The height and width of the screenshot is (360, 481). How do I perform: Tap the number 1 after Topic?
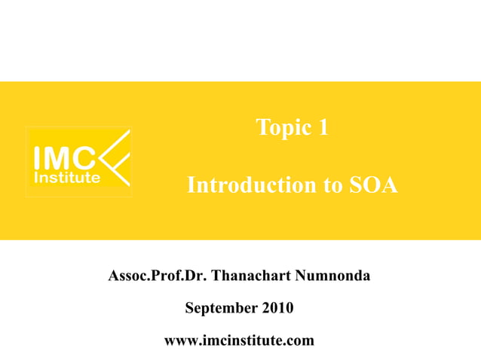[323, 128]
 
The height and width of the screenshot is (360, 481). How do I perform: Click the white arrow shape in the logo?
[116, 158]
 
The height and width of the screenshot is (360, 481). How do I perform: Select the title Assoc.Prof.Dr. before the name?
[158, 276]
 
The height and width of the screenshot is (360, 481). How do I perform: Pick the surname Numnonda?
[334, 276]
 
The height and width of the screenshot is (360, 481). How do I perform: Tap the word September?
[222, 309]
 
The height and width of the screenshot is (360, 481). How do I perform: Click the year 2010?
[278, 309]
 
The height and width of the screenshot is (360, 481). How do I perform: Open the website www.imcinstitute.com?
[239, 341]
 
